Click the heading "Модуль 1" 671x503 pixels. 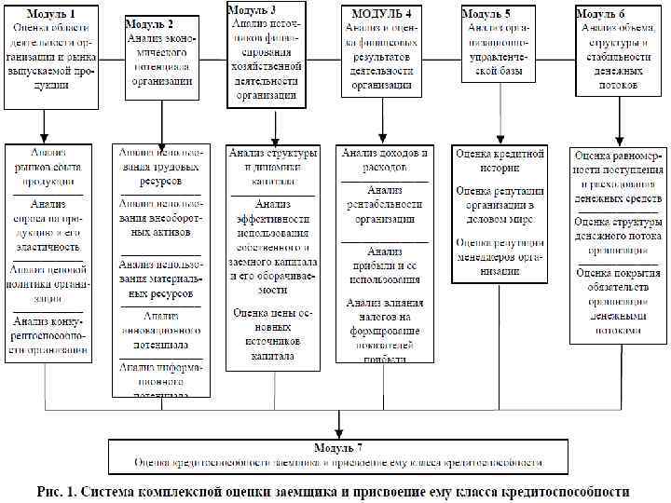tap(50, 15)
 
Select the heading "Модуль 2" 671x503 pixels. tap(149, 23)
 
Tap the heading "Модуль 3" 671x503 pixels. tap(252, 8)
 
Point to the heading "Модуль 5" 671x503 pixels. tap(486, 15)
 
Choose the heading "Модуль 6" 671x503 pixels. tap(599, 14)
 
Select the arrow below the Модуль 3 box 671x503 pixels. tap(274, 125)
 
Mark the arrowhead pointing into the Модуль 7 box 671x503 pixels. tap(339, 431)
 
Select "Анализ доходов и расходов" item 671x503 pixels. tap(384, 159)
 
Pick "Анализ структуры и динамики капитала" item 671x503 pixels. tap(274, 160)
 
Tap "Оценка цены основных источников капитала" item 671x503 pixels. tap(274, 334)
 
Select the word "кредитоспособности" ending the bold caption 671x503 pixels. tap(558, 491)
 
